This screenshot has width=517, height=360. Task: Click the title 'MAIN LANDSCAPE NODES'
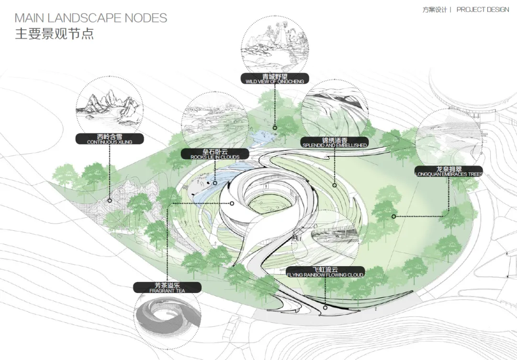[91, 18]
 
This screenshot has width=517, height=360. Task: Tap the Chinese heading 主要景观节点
[54, 34]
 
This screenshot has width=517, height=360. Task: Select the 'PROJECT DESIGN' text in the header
[483, 10]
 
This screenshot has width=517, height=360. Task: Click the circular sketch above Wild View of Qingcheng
[275, 42]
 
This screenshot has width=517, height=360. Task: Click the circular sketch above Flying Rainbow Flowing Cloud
[325, 237]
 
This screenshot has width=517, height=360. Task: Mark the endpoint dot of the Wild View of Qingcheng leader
[275, 128]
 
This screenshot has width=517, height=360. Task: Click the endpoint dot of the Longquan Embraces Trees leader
[393, 216]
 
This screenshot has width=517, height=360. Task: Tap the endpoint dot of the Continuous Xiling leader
[110, 201]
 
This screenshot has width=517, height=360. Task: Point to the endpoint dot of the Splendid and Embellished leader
[334, 185]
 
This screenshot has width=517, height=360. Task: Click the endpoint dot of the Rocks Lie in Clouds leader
[215, 183]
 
